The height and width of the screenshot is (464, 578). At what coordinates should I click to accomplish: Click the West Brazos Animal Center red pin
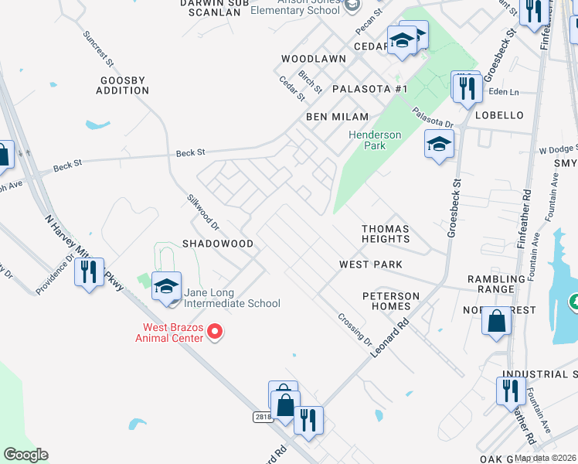[x=216, y=333]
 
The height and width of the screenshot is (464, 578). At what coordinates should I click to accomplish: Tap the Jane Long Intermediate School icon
[x=166, y=288]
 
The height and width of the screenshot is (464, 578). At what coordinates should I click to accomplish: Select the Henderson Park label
[x=375, y=140]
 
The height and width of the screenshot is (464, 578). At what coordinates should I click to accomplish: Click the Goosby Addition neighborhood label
[x=122, y=85]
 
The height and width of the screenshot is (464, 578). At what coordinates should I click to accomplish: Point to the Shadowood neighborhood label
[x=217, y=244]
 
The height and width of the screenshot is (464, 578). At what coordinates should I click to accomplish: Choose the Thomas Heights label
[x=386, y=234]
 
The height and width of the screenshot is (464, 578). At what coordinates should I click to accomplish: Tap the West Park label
[x=371, y=264]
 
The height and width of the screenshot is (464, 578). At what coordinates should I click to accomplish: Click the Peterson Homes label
[x=391, y=301]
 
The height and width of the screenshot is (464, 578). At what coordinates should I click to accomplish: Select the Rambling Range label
[x=491, y=284]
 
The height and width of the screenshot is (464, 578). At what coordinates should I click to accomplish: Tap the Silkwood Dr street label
[x=203, y=211]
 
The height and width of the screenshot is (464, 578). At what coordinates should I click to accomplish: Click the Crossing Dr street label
[x=355, y=329]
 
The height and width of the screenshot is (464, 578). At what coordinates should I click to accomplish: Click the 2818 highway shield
[x=263, y=417]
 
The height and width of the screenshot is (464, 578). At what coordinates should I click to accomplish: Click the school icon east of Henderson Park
[x=439, y=145]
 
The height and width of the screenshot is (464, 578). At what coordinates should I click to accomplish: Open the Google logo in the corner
[x=25, y=455]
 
